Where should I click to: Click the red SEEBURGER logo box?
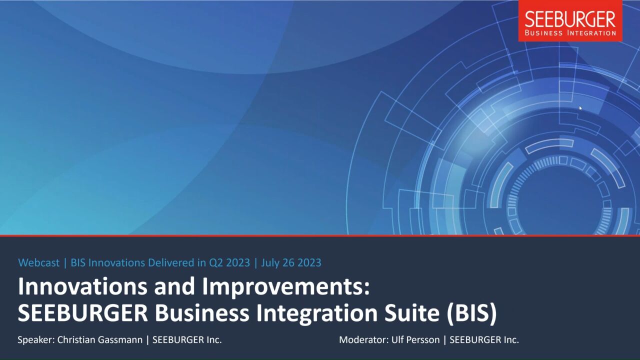click(x=570, y=20)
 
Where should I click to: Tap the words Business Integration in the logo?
click(x=570, y=33)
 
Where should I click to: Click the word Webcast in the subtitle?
click(x=39, y=262)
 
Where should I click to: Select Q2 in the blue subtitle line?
click(x=215, y=263)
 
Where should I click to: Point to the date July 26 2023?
click(x=291, y=263)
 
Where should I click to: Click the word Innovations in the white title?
click(x=82, y=286)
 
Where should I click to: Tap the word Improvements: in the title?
click(x=286, y=287)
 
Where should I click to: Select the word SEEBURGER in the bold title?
click(x=83, y=313)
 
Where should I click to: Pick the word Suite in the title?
click(x=411, y=313)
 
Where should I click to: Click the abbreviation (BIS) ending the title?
click(x=471, y=313)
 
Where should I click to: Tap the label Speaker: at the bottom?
click(x=36, y=340)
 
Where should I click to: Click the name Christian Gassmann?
click(x=100, y=339)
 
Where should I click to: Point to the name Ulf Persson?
click(x=415, y=339)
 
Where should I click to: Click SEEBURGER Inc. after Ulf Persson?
click(x=484, y=339)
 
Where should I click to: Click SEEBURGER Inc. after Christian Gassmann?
click(x=187, y=339)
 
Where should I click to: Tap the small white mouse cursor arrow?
click(x=580, y=108)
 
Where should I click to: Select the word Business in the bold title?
click(x=202, y=313)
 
